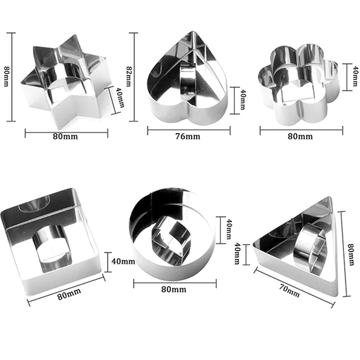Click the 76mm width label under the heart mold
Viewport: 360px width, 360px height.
(x=188, y=136)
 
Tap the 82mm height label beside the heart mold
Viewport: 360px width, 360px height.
(x=129, y=76)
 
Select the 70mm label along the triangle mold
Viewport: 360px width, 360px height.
(x=289, y=290)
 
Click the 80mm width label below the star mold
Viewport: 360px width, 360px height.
(x=65, y=136)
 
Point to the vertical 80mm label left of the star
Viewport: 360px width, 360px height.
(x=6, y=76)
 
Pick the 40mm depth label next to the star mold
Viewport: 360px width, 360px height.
(x=120, y=99)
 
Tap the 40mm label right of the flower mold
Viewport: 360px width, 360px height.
(x=355, y=76)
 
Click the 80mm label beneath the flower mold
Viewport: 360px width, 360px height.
(x=300, y=136)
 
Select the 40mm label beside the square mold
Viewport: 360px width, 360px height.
(x=123, y=261)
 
